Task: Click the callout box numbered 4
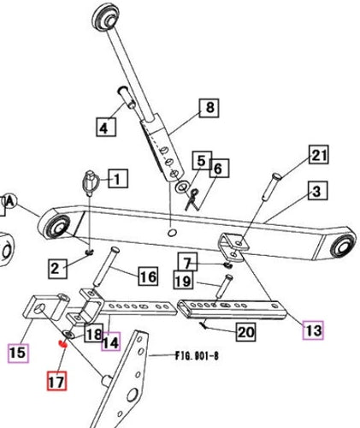coord(104,129)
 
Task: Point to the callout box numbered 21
coord(319,155)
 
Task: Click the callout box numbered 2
coord(56,268)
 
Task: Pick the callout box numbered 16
coord(148,276)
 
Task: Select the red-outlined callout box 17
coord(56,382)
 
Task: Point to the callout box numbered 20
coord(245,331)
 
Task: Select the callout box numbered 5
coord(200,160)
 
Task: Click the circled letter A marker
coord(10,200)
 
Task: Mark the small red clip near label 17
coord(62,345)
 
